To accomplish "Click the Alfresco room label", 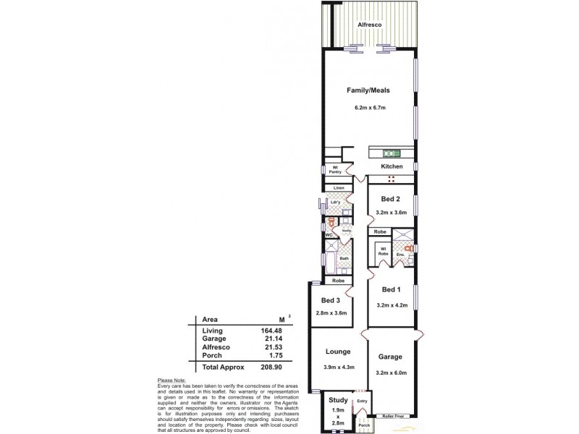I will (370, 25).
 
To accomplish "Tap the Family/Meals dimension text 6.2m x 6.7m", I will (370, 108).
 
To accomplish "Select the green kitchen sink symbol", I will (392, 153).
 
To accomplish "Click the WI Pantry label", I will (335, 171).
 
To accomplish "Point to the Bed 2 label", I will (391, 198).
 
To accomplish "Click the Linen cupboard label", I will (337, 188).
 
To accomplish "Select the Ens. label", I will (400, 255).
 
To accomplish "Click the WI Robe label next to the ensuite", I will (383, 252).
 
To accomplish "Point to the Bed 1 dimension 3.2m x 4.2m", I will (391, 306).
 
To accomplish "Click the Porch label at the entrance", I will (363, 425).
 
